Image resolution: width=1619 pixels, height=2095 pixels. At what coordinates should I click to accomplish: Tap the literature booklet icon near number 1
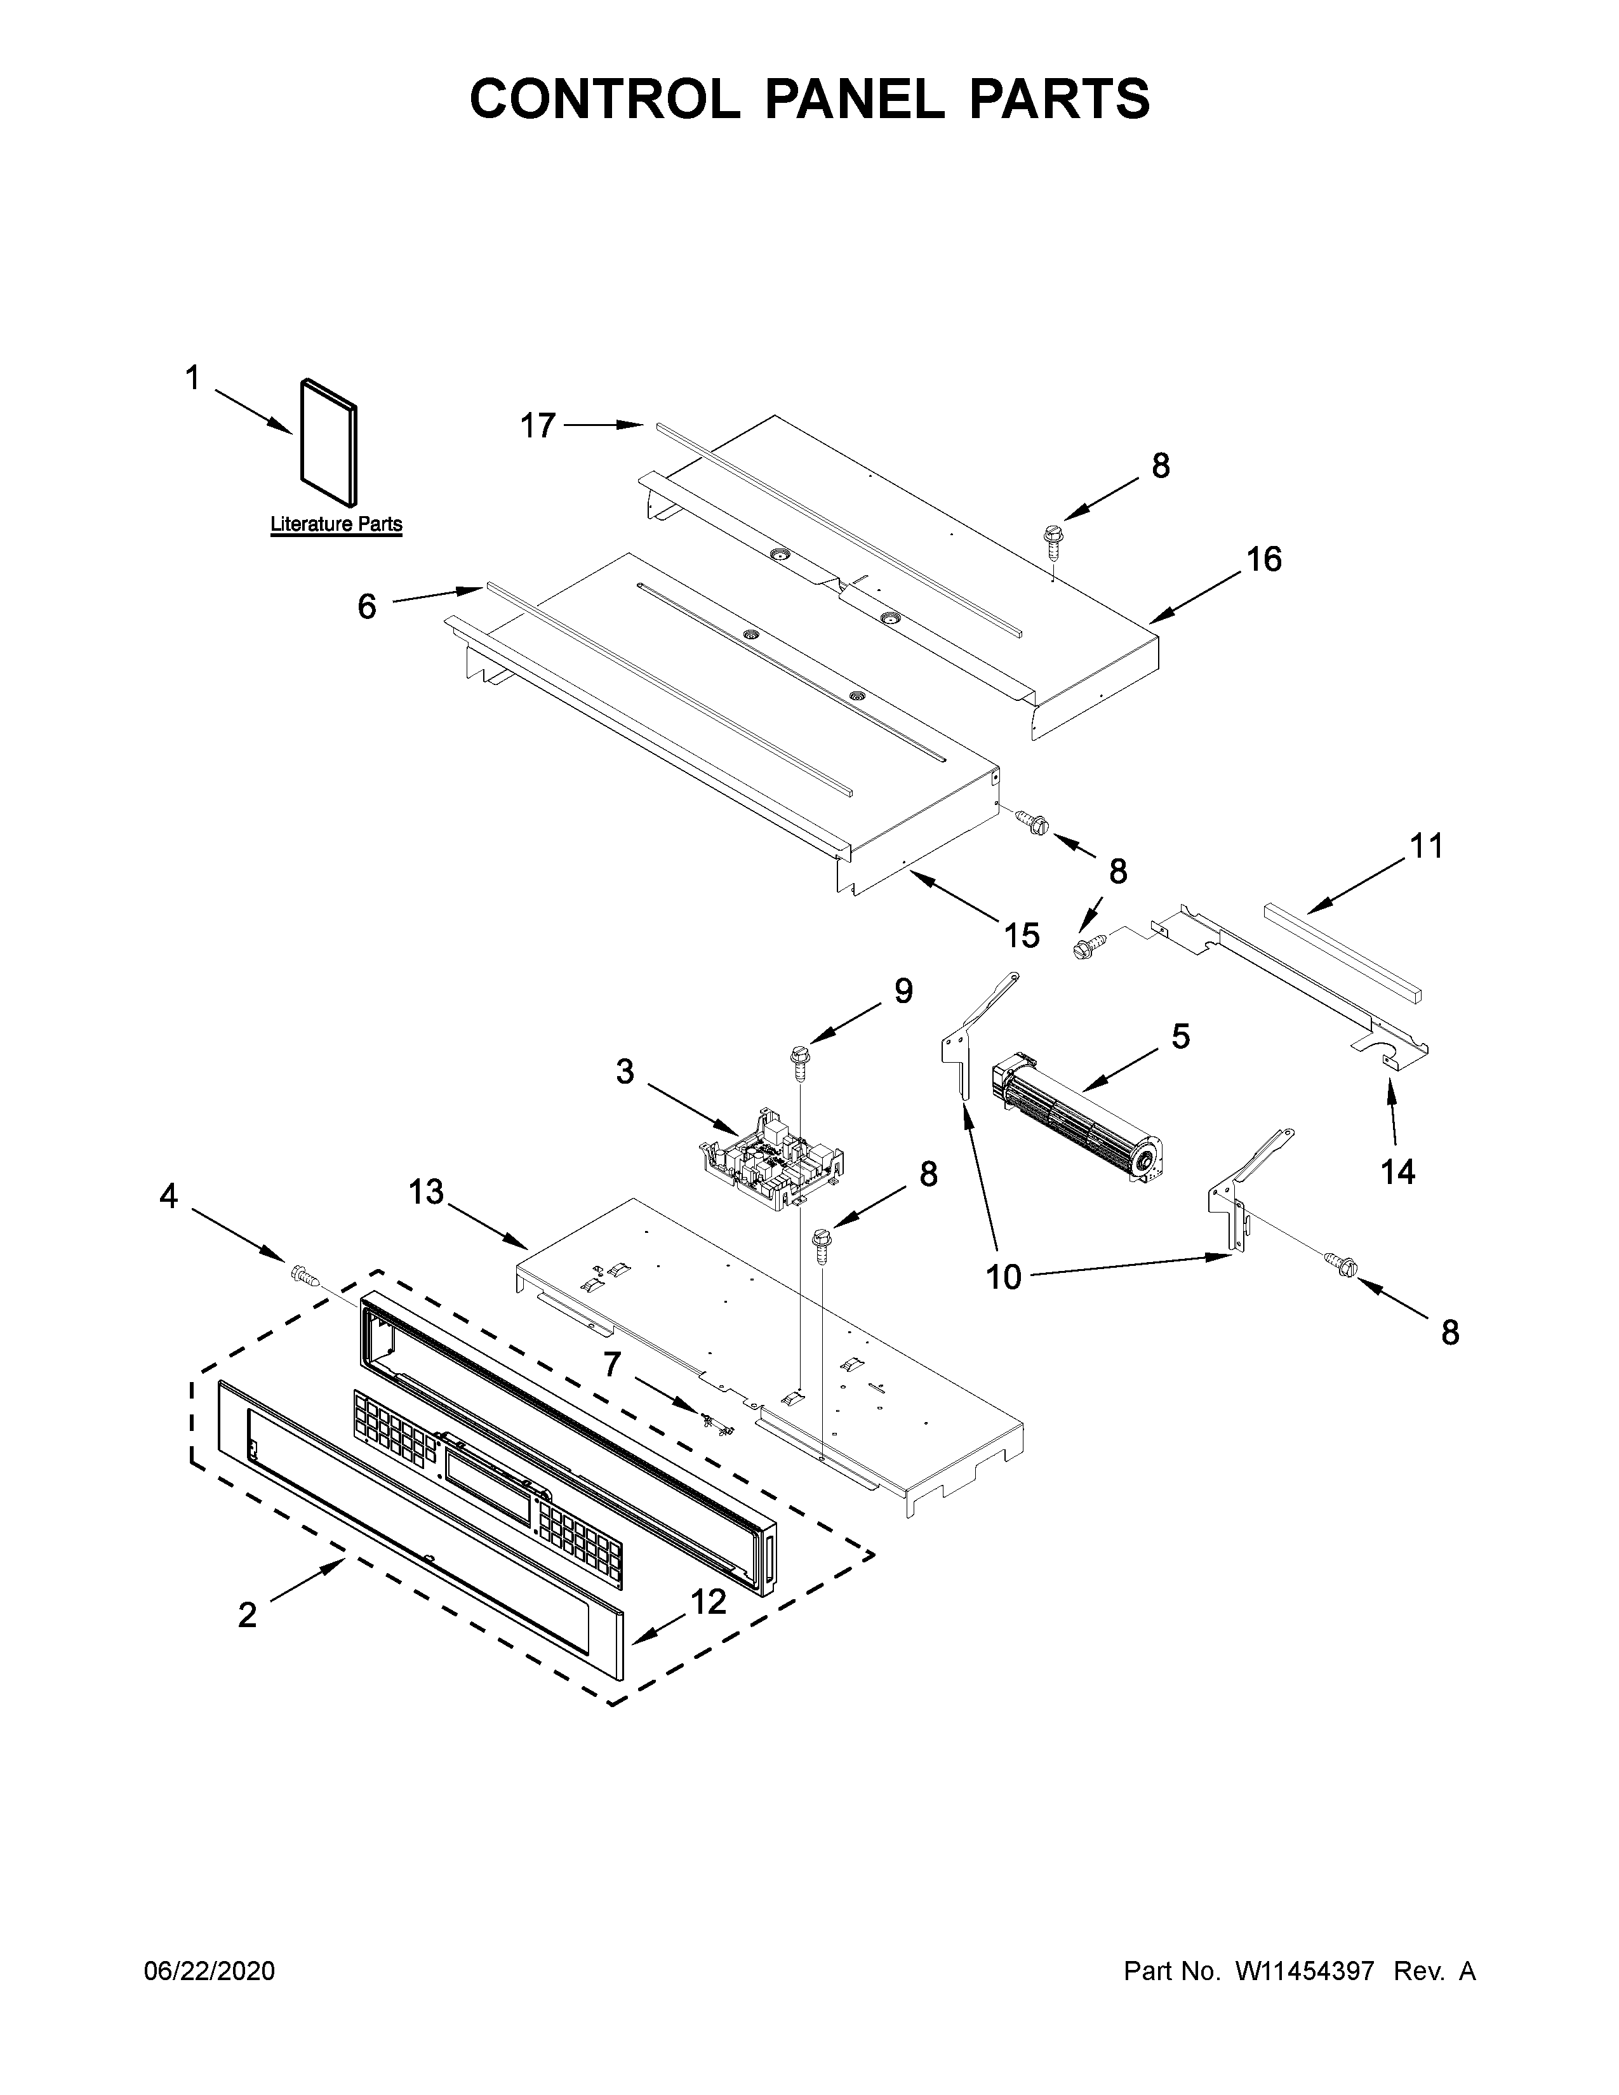329,441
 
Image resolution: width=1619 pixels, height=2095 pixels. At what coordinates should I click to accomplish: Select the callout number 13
426,1192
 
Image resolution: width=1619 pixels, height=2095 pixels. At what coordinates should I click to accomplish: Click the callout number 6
366,606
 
